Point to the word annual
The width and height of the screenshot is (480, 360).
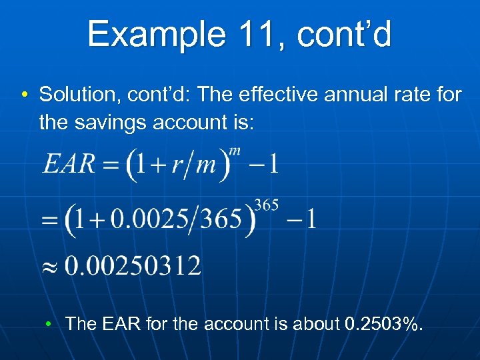357,95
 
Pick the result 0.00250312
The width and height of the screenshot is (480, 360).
132,267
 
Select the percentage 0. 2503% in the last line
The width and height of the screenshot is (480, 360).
383,324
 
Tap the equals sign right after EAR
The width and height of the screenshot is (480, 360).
107,165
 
